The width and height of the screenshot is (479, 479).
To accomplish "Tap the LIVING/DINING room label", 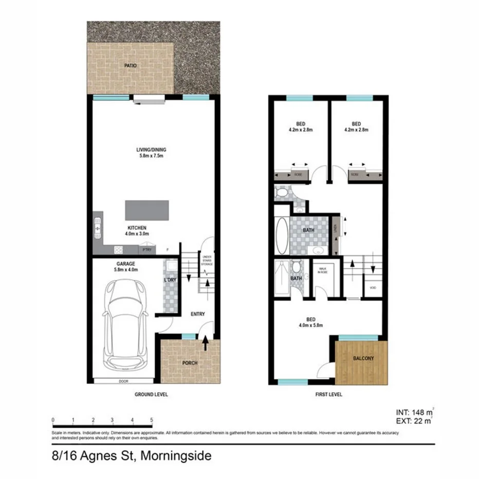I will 151,153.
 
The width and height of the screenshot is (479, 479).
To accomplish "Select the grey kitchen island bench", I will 146,210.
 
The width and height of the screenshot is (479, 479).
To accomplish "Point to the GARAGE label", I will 125,264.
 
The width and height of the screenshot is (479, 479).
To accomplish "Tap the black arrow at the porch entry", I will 206,343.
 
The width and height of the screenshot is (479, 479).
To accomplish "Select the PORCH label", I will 190,363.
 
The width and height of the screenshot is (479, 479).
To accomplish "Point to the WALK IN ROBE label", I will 323,270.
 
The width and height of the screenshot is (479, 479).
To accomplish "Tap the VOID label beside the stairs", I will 373,288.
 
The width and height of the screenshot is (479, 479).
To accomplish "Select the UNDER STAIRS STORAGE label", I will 208,260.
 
